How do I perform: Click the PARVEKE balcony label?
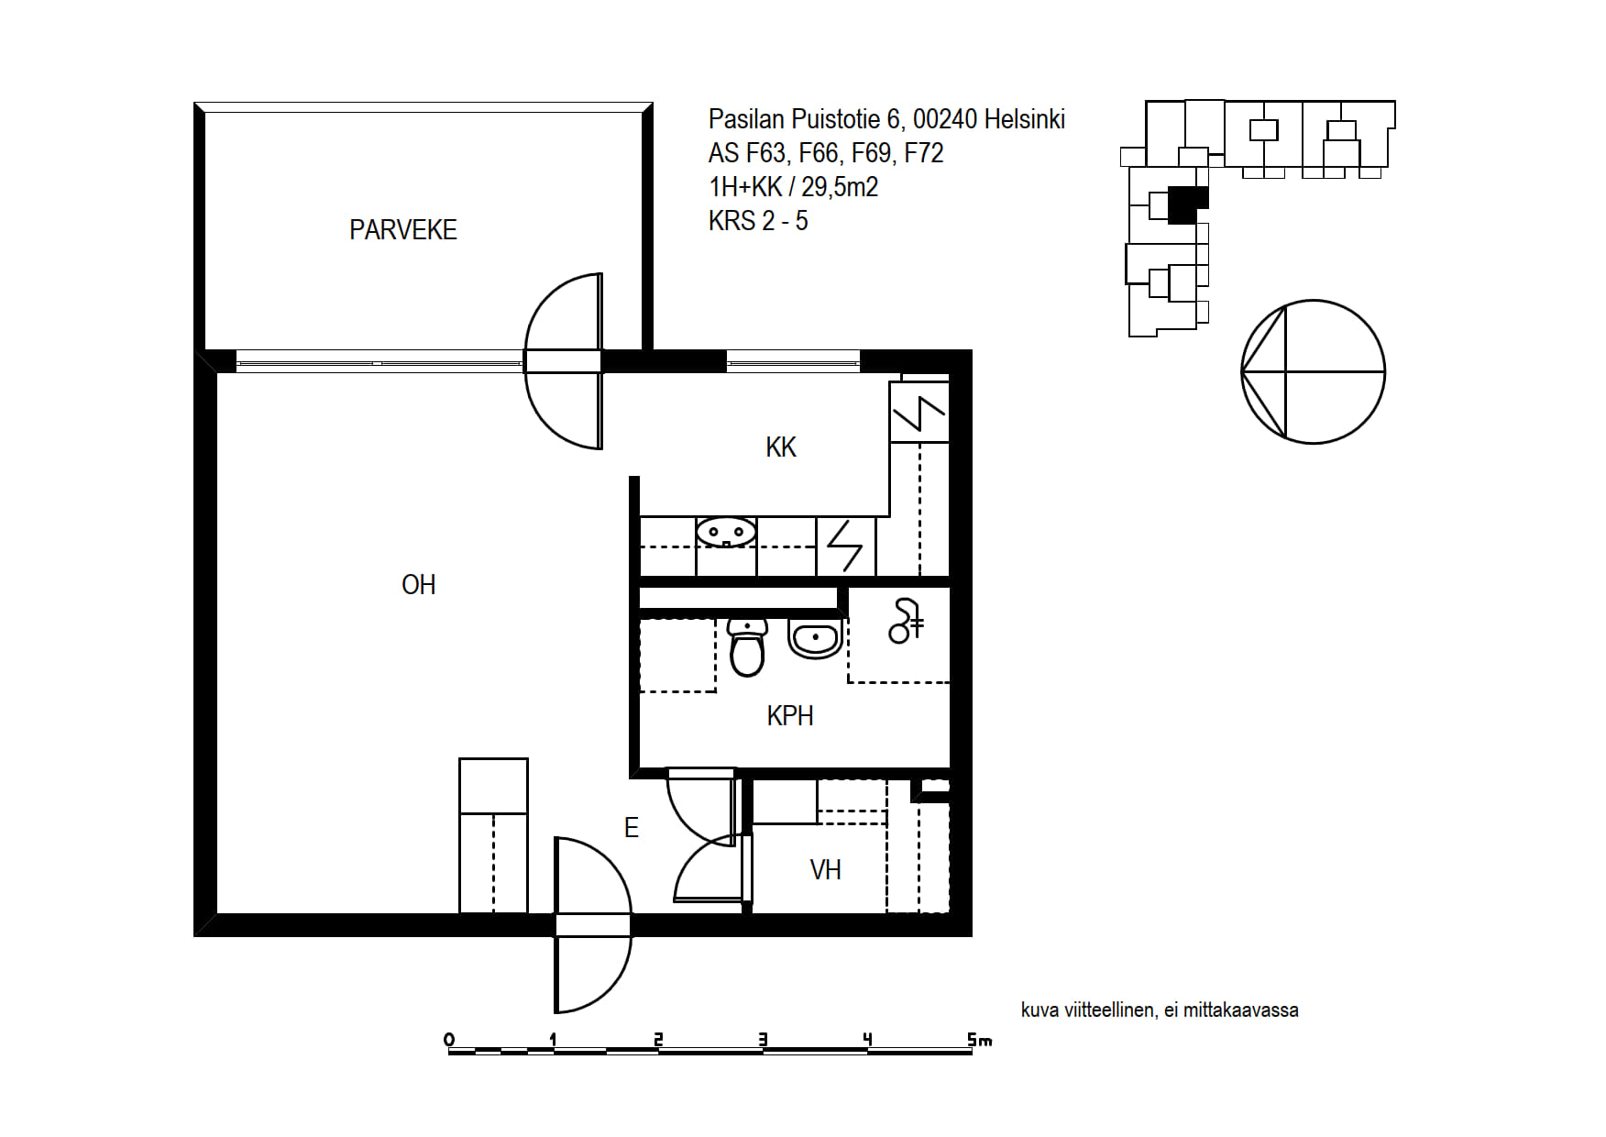403,229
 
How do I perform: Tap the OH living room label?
419,584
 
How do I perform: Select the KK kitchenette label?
781,447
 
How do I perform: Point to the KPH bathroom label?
790,715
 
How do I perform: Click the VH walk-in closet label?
825,869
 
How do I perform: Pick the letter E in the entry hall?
631,827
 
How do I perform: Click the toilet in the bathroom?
747,646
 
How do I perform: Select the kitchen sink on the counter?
726,532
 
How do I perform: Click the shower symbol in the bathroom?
905,621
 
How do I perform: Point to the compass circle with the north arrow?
1313,372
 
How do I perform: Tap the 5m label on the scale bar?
979,1040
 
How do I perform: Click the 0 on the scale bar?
449,1040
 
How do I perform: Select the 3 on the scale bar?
763,1040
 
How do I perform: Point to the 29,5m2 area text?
840,187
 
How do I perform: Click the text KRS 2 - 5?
758,221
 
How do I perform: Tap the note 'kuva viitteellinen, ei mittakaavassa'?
1160,1010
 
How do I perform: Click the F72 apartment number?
924,153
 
